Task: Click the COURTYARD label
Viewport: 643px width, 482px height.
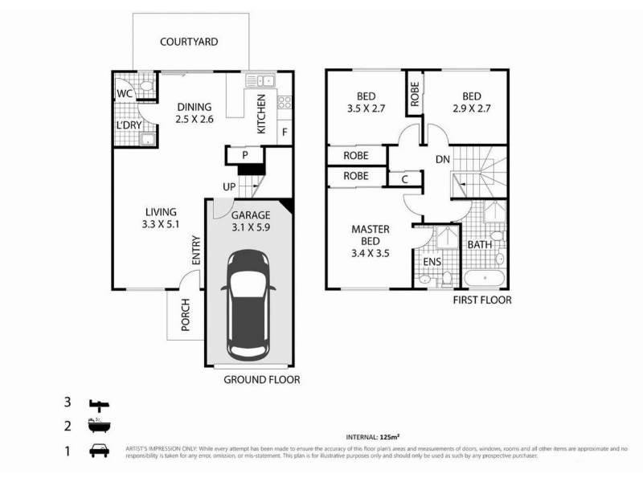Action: click(x=189, y=42)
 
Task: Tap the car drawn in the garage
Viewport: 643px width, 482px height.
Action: click(x=248, y=305)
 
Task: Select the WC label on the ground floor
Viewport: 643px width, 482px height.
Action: click(x=125, y=93)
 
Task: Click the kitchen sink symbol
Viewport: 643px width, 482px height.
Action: click(x=260, y=80)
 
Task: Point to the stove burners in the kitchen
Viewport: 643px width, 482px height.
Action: click(x=285, y=103)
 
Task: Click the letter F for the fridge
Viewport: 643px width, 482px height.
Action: click(x=285, y=133)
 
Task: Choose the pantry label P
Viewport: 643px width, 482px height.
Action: click(x=245, y=155)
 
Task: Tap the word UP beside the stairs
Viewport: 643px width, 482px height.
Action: click(x=229, y=187)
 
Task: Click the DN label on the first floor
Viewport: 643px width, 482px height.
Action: click(x=443, y=159)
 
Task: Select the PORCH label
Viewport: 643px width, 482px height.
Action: click(x=186, y=315)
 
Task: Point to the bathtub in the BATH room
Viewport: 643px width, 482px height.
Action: click(x=485, y=278)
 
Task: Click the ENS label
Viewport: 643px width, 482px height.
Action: click(x=432, y=262)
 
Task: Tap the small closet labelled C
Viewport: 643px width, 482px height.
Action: click(x=405, y=179)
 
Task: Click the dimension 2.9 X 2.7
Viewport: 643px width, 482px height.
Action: click(x=472, y=108)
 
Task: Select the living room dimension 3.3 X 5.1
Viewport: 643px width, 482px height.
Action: click(x=161, y=224)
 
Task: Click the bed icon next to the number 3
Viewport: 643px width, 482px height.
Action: click(x=99, y=405)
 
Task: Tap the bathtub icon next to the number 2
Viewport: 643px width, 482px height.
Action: click(x=99, y=426)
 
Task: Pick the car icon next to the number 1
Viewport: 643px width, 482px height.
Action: click(x=99, y=451)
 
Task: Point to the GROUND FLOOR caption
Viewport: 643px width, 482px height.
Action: click(x=262, y=380)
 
